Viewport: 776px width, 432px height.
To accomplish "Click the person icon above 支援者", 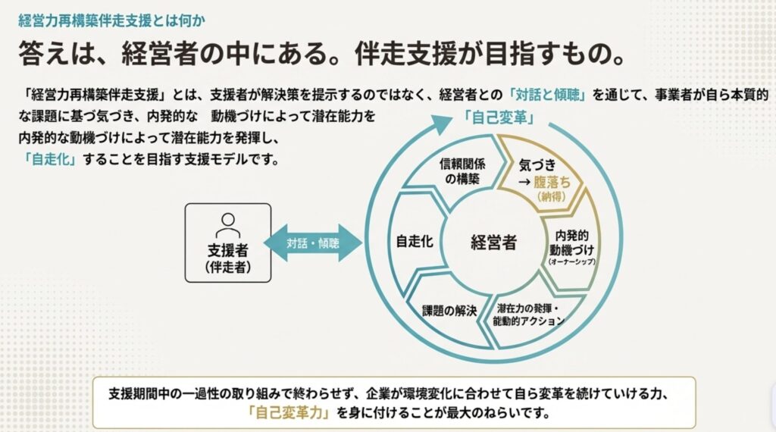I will click(x=227, y=224).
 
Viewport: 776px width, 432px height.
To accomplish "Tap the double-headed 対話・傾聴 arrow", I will click(x=313, y=243).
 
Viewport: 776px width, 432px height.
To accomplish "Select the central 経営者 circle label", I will click(x=493, y=243).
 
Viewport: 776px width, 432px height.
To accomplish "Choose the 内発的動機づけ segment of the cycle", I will click(x=574, y=243).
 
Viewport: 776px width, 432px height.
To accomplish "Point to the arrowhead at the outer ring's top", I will click(x=443, y=121).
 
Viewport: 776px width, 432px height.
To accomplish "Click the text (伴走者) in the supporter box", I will click(x=227, y=267).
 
